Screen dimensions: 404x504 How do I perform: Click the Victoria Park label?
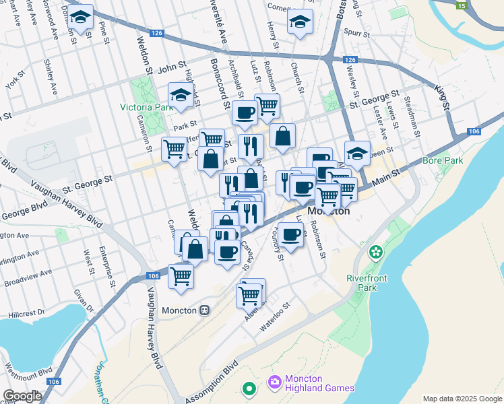tap(146, 107)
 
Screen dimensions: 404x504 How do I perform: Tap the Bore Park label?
tap(443, 160)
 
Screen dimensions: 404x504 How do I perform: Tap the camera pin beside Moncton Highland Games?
tap(274, 382)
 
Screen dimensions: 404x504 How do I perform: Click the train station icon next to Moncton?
tap(204, 310)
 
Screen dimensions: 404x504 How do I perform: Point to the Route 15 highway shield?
tap(461, 5)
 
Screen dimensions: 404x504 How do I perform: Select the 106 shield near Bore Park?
tap(473, 131)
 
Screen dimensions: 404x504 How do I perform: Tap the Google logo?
tap(22, 395)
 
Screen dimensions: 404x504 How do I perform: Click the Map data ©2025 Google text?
tap(462, 399)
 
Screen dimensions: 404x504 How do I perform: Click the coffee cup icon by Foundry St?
tap(291, 235)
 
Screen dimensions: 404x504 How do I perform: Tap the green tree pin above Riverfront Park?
tap(376, 253)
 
